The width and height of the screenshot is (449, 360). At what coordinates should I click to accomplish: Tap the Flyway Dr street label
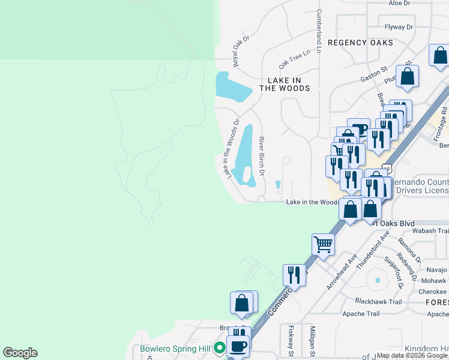399,27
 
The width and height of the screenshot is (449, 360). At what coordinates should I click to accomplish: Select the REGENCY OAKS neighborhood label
360,43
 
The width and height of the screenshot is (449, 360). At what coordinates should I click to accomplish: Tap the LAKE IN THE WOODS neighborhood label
285,84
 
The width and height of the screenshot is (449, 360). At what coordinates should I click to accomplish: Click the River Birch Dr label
262,155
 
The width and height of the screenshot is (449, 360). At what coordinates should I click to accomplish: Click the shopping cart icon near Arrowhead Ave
323,245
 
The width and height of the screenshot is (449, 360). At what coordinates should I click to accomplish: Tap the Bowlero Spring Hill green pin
220,347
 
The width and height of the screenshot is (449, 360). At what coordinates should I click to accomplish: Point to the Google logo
20,353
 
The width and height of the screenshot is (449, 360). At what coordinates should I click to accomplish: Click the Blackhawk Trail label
378,301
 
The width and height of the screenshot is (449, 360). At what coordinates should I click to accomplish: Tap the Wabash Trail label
431,230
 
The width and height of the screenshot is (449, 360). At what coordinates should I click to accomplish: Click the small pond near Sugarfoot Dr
377,280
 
